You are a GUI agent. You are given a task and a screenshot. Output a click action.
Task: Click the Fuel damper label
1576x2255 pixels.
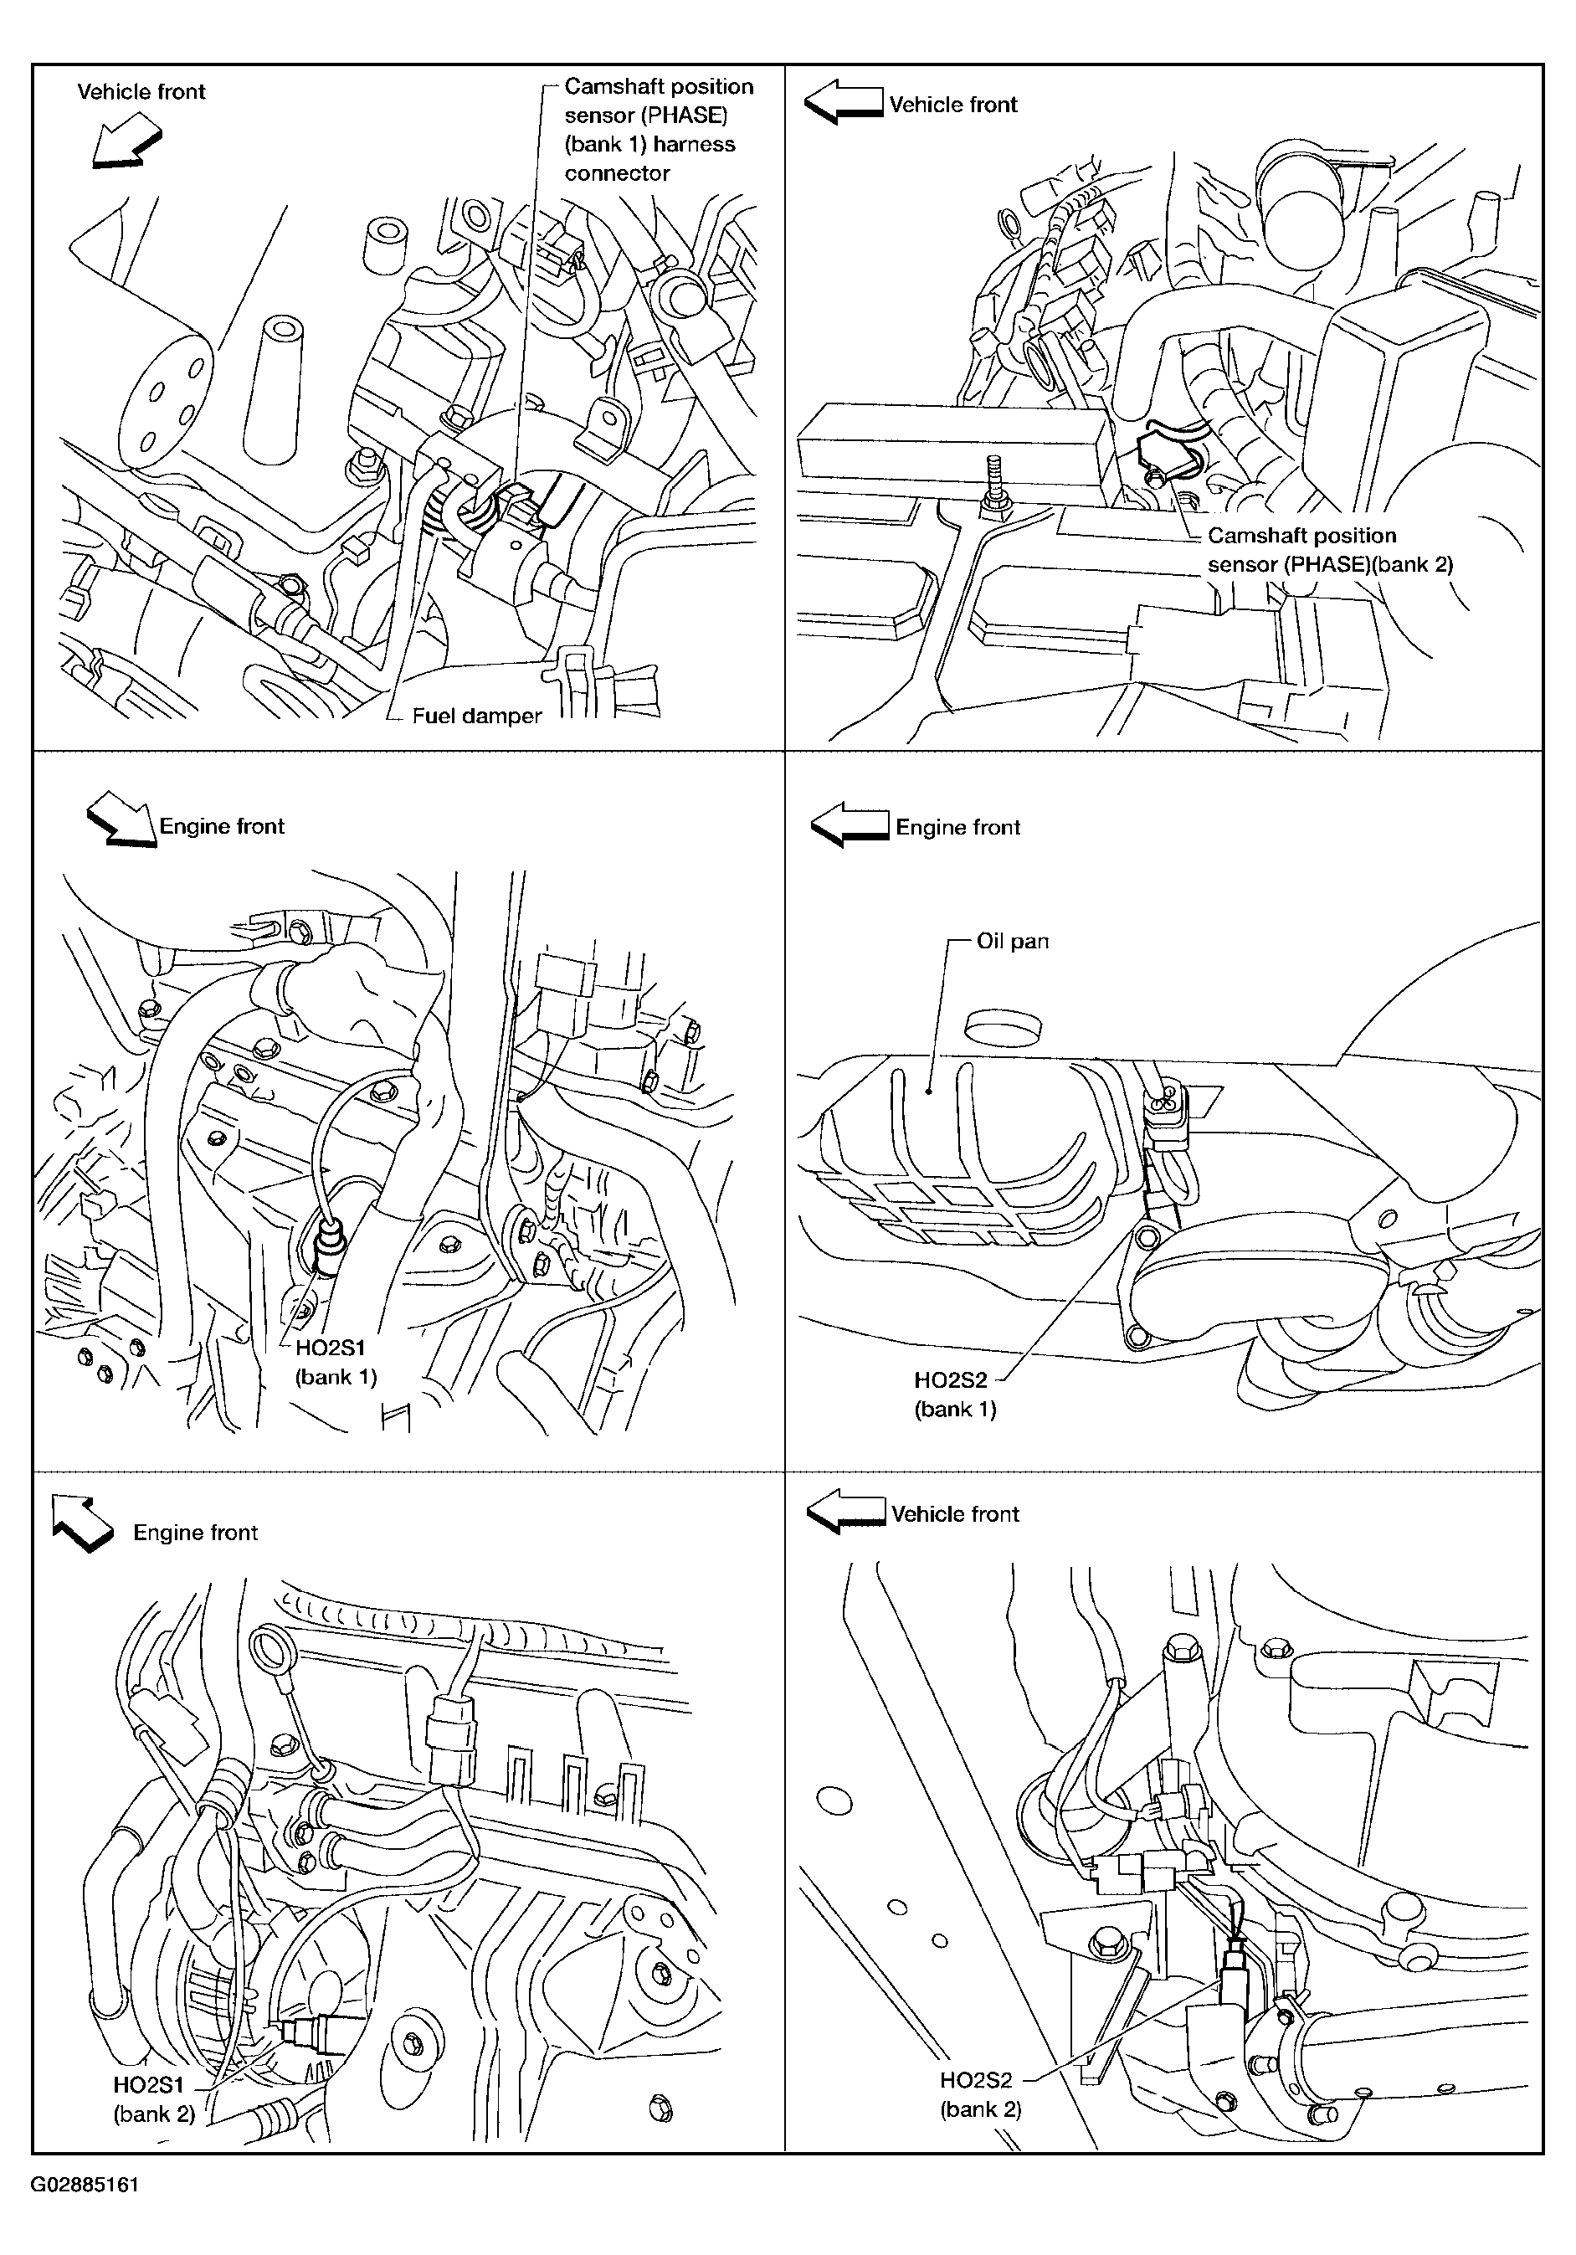click(476, 716)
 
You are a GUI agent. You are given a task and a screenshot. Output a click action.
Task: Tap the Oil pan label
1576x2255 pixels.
click(1013, 941)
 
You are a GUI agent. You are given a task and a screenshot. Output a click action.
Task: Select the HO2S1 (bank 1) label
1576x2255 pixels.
click(336, 1362)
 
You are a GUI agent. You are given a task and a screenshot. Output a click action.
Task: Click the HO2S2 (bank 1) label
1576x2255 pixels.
click(954, 1395)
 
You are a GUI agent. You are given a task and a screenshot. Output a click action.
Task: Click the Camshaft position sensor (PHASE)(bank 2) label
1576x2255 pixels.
click(1330, 550)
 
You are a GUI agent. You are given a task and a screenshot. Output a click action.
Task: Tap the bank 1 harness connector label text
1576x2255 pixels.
click(649, 158)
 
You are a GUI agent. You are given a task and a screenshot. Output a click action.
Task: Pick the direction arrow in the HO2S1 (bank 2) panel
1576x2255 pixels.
click(83, 1524)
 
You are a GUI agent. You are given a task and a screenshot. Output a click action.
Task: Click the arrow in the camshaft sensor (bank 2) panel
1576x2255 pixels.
click(844, 103)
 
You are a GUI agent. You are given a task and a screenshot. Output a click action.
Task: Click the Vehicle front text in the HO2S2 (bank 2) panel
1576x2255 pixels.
click(956, 1513)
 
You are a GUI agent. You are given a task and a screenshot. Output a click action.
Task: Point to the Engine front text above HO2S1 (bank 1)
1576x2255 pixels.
click(222, 826)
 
